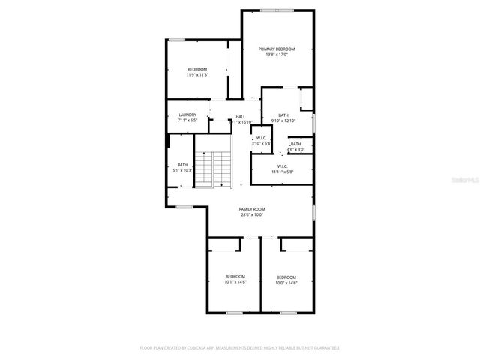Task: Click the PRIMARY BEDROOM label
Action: pos(277,49)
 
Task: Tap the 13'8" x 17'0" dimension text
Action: pos(277,55)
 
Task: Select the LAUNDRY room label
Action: pos(187,115)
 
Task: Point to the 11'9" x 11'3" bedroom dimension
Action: pos(197,74)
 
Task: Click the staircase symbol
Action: pos(214,168)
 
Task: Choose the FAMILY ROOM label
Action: pos(252,209)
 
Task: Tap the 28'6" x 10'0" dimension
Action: pos(252,215)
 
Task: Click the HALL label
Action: pos(241,116)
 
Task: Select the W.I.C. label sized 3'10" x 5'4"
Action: pos(259,137)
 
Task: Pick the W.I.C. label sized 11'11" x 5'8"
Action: pos(283,166)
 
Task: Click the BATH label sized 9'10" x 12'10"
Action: pos(283,115)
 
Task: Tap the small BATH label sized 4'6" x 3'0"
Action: pos(296,144)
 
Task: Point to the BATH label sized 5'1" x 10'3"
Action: pos(182,165)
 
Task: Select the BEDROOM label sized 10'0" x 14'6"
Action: pos(286,277)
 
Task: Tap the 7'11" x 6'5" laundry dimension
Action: pos(187,121)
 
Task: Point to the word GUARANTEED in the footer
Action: pos(323,348)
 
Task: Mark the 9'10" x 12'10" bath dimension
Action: pos(283,121)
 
